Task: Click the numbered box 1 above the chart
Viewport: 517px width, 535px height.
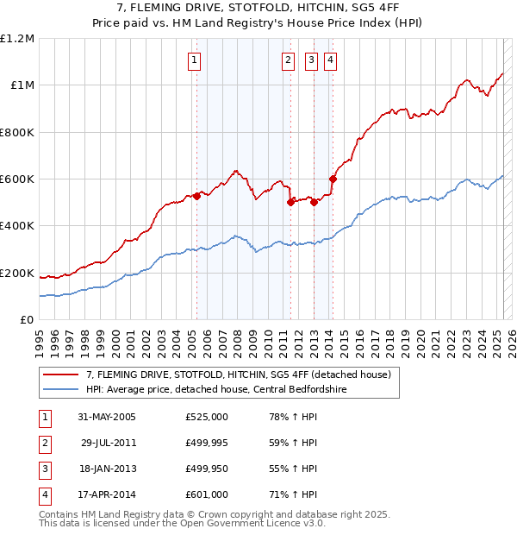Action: coord(195,60)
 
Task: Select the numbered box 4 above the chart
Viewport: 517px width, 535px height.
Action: coord(331,60)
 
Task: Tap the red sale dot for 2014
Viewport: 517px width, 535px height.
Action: coord(333,179)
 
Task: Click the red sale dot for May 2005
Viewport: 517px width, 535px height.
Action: coord(196,196)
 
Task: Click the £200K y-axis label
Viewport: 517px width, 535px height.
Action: coord(17,274)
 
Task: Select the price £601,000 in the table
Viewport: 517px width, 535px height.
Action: coord(207,494)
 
